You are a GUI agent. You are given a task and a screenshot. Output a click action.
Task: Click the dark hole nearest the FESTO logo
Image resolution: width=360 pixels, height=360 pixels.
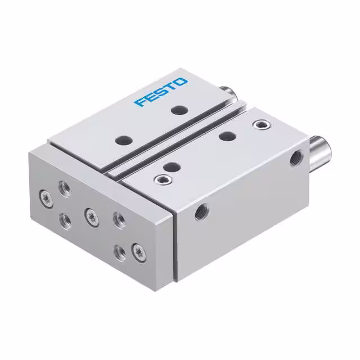pos(178,111)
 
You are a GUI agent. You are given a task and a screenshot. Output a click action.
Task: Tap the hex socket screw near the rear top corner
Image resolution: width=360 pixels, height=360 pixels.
pos(259,124)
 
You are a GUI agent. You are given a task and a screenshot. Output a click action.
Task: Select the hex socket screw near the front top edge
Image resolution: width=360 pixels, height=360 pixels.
pos(161,179)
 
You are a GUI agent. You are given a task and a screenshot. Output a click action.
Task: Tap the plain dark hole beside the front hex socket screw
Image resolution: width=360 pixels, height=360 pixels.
pos(172,166)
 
